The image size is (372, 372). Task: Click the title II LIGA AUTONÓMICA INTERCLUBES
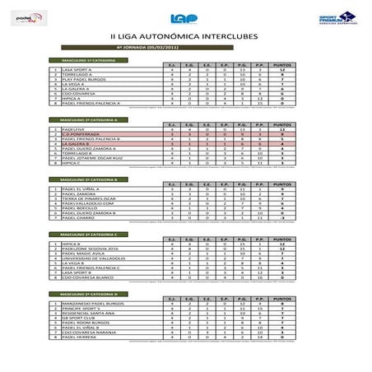coord(185,36)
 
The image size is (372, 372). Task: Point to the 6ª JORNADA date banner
coord(185,48)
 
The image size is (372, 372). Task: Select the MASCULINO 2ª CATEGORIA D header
coord(83,293)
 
